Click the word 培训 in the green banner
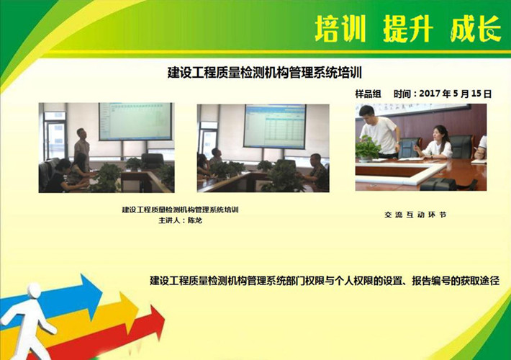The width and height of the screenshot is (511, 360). [340, 29]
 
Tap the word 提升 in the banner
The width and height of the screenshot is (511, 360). [408, 29]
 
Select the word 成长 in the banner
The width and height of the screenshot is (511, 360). [476, 29]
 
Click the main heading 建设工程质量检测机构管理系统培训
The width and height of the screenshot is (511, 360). [265, 73]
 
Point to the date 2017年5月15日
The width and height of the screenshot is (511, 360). [456, 94]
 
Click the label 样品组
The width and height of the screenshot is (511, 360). [368, 94]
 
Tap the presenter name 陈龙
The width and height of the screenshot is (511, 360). [195, 220]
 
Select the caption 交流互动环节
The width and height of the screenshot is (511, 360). [415, 215]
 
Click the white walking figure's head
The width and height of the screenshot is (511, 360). [34, 291]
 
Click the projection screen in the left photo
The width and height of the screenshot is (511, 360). [135, 121]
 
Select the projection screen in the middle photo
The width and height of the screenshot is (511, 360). [275, 127]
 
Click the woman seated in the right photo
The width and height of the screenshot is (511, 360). [435, 142]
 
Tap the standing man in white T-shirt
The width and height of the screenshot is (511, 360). [380, 132]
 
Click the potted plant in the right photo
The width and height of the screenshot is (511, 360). [368, 148]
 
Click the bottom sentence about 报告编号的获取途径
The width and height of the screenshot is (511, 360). [325, 281]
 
